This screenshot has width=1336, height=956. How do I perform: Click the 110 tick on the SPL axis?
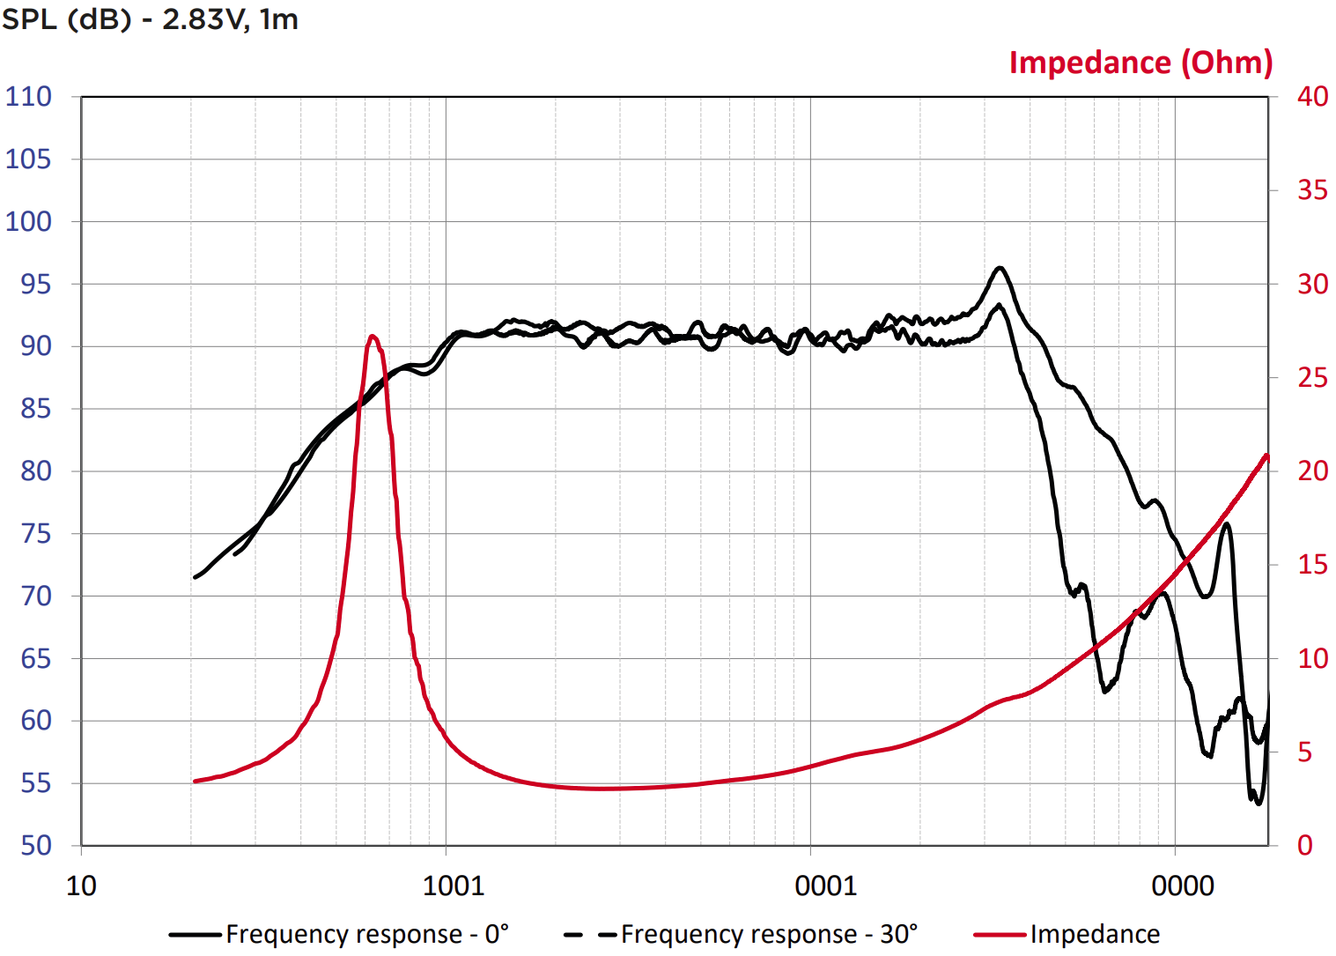(28, 96)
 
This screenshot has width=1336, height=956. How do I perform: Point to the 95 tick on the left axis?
(35, 284)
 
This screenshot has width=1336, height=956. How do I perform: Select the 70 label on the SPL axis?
(35, 596)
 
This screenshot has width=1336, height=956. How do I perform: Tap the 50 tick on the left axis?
(35, 845)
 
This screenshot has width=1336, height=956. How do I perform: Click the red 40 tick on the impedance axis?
(1311, 96)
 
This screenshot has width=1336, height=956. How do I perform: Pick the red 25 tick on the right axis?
(1311, 377)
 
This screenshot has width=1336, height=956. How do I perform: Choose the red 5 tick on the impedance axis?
(1305, 752)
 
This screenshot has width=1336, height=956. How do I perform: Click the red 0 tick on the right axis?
(1305, 845)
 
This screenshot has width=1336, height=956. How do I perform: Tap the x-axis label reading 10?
(81, 886)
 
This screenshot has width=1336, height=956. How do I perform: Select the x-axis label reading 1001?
(454, 886)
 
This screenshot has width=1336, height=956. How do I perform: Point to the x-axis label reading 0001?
(825, 886)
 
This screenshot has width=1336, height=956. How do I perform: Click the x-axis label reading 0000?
(1182, 886)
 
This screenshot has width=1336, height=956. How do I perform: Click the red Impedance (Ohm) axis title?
(1140, 63)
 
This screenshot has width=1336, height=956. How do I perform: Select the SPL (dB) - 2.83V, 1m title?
(150, 19)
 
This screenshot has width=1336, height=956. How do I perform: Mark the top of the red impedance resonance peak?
(373, 336)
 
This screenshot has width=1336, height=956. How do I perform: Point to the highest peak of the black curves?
(999, 268)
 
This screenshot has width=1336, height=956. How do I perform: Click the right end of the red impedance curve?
(1267, 456)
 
